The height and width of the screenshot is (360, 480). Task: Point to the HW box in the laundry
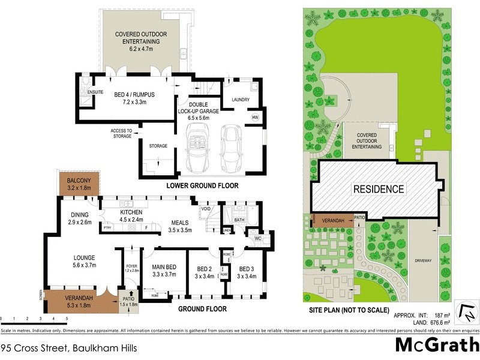[255, 117]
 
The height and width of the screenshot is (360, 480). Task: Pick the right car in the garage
[230, 148]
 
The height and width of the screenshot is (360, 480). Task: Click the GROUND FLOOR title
[202, 309]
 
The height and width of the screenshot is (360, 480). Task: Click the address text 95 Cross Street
[69, 347]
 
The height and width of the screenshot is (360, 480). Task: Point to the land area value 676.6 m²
[436, 322]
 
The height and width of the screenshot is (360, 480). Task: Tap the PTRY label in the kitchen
[107, 228]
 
